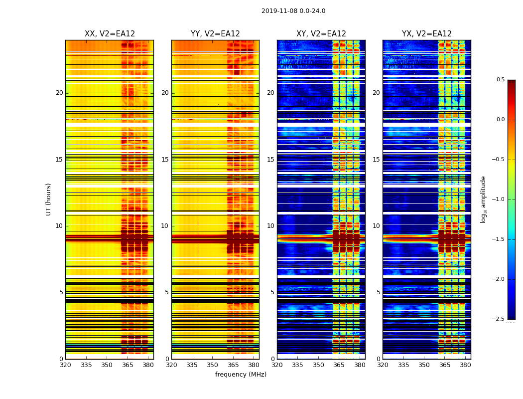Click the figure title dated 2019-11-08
[x=293, y=11]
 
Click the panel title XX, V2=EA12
[x=110, y=34]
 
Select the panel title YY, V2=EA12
[x=215, y=34]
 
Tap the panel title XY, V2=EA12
[x=321, y=34]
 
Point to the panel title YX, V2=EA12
[x=427, y=34]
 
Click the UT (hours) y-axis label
[x=48, y=199]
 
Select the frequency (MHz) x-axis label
[x=241, y=375]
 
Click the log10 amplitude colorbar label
[x=483, y=199]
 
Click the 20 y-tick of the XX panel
[x=59, y=93]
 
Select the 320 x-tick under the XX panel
[x=65, y=365]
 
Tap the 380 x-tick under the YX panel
[x=465, y=365]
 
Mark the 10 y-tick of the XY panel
[x=271, y=226]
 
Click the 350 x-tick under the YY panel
[x=213, y=365]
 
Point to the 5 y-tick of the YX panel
[x=379, y=292]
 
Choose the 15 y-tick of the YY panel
[x=165, y=160]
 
